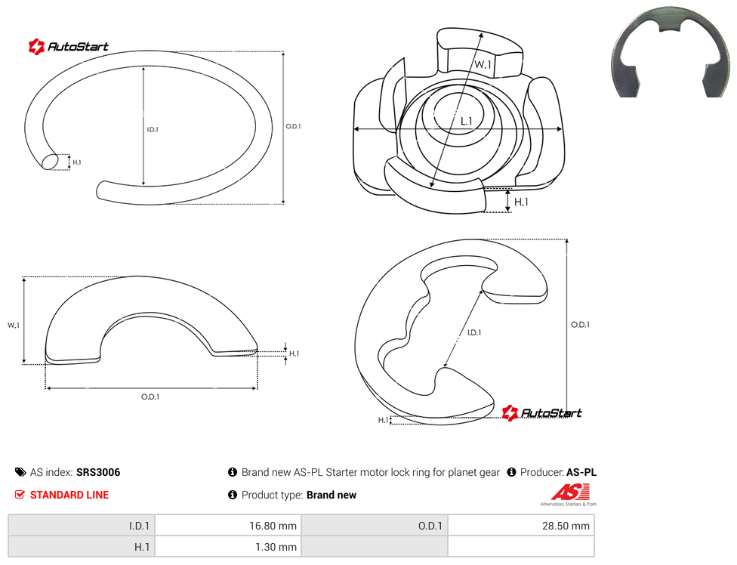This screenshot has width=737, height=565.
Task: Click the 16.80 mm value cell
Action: pos(228,526)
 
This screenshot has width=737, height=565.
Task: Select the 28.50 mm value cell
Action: pos(521,526)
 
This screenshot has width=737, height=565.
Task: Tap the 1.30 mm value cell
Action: pos(228,547)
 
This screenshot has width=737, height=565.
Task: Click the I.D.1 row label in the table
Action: pos(82,526)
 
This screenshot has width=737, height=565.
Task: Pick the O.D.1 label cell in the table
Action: pos(375,526)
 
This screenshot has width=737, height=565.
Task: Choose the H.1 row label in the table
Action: pos(82,547)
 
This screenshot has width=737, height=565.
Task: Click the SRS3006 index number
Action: pos(98,472)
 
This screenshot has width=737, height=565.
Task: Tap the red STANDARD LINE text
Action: pos(69,495)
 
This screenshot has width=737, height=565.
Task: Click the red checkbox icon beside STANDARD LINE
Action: pos(20,495)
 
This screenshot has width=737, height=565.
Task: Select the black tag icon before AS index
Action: pos(20,472)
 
